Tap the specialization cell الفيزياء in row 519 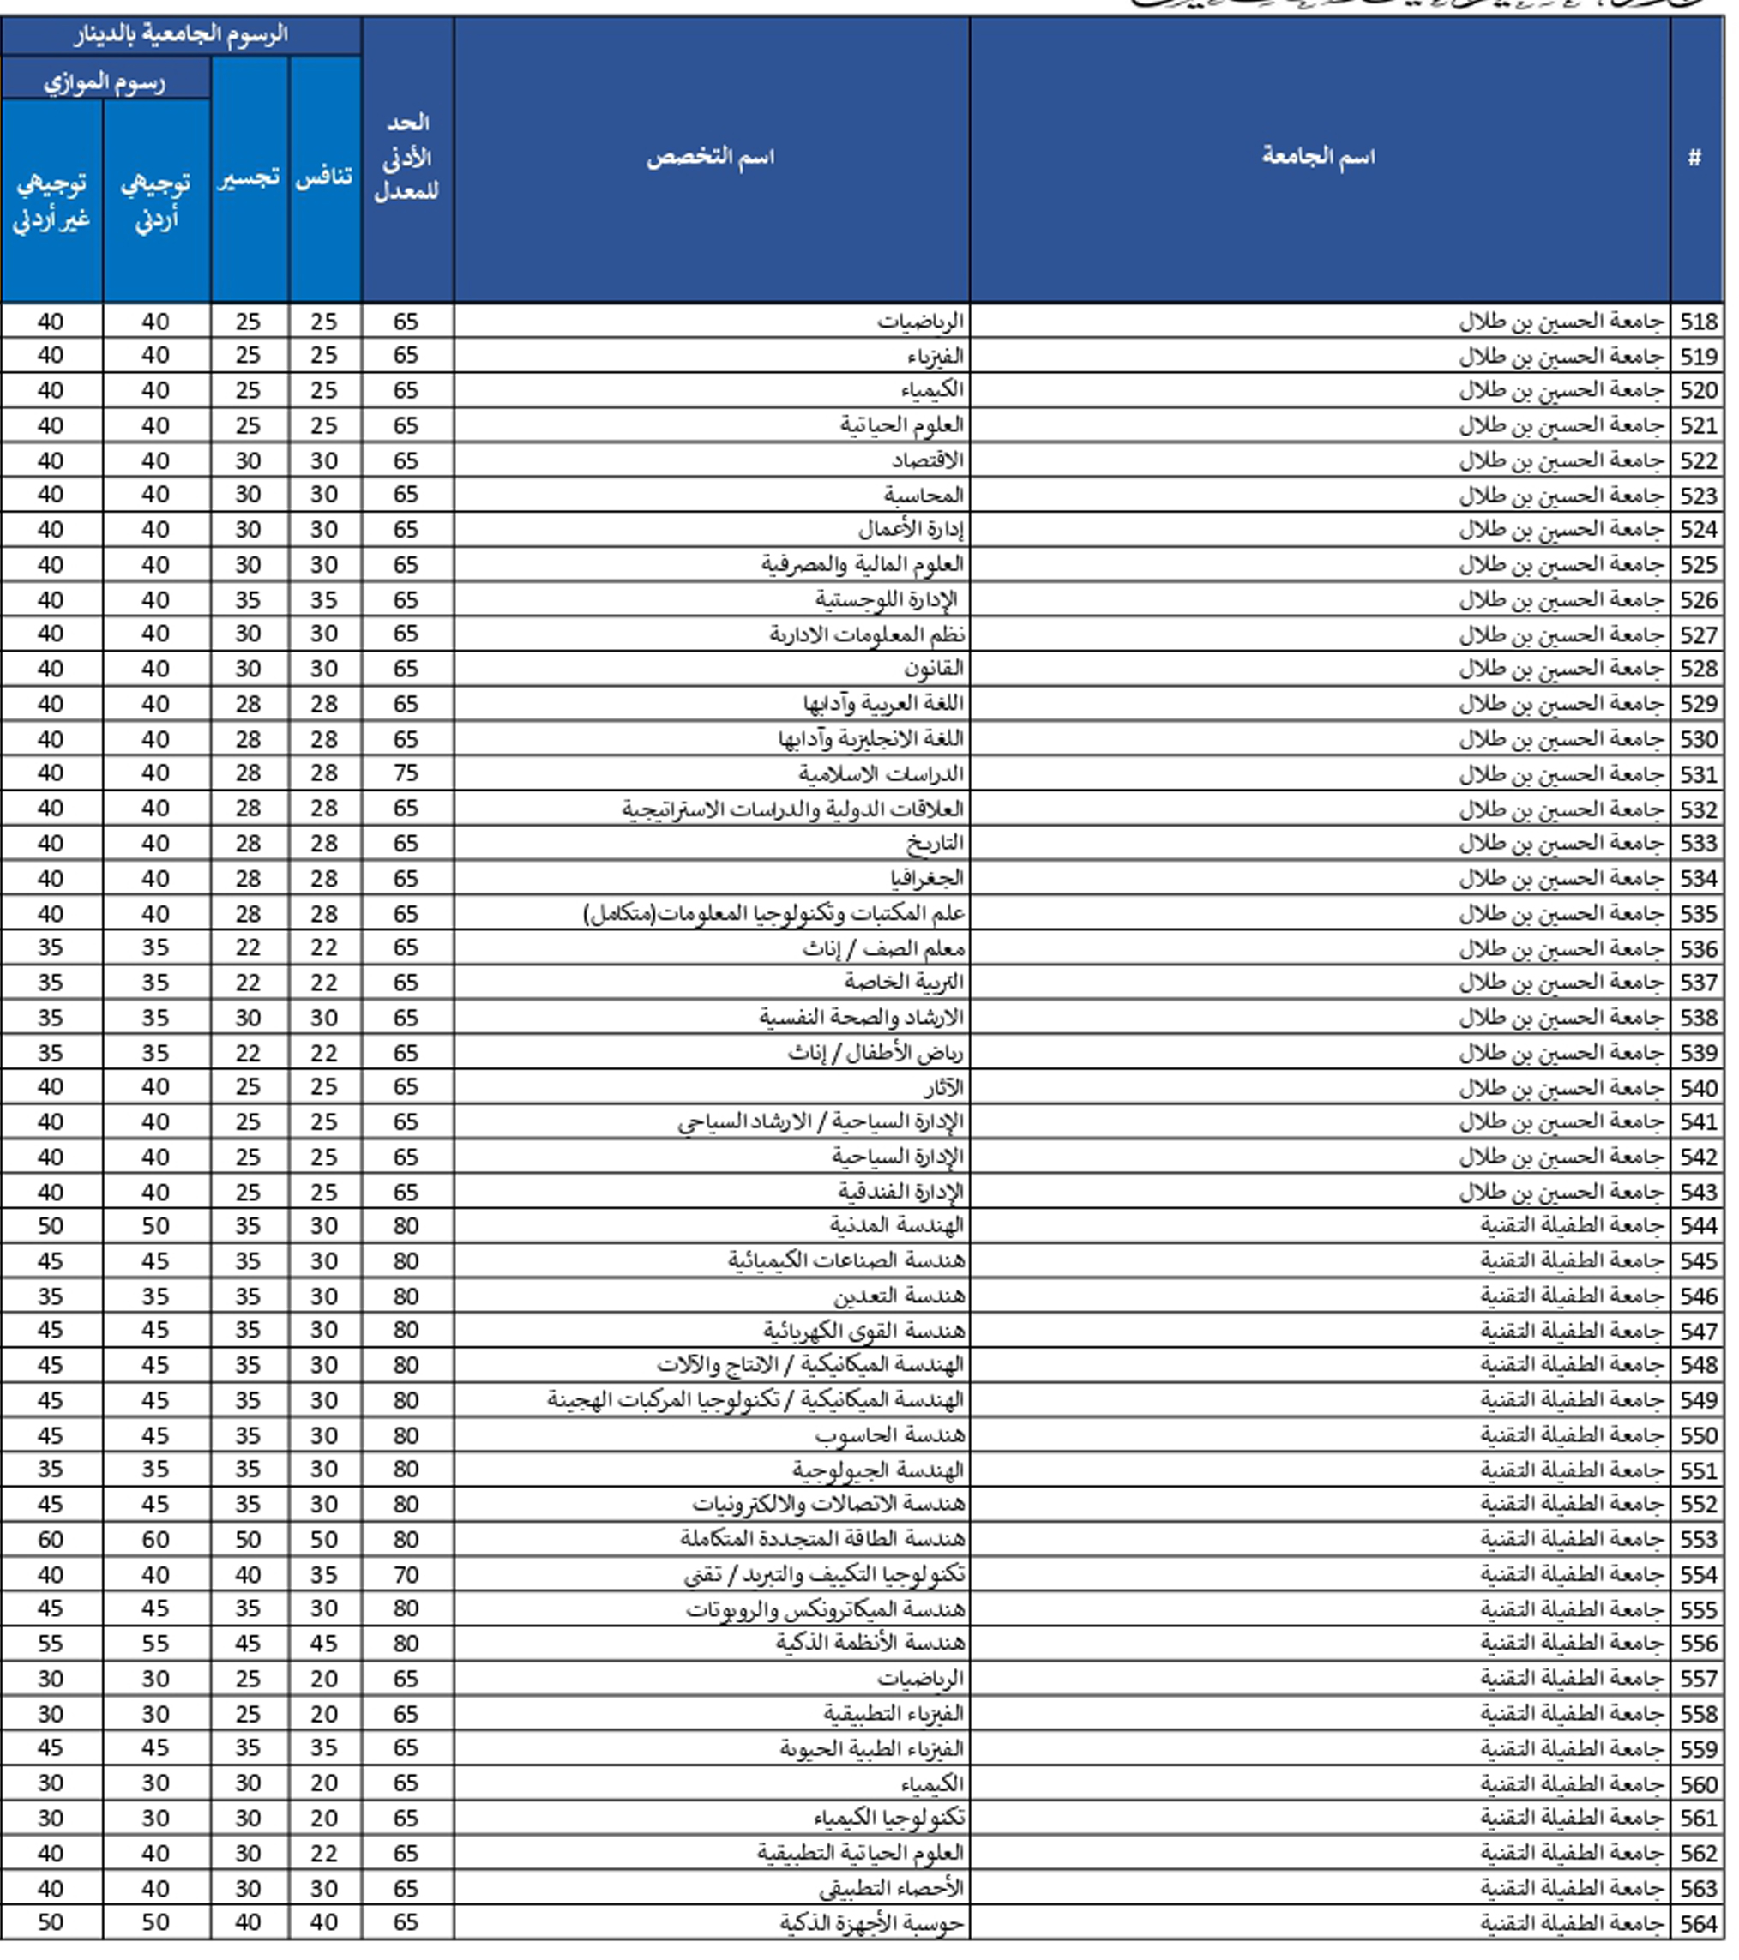[936, 357]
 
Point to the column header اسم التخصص [710, 156]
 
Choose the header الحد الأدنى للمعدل [406, 156]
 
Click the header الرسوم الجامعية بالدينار [180, 35]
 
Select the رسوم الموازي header [105, 82]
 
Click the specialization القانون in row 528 [933, 670]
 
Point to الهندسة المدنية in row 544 [897, 1226]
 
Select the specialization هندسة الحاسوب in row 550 [890, 1435]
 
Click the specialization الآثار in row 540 [943, 1088]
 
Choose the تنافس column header [324, 178]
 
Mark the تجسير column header [249, 178]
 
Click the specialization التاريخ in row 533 [935, 844]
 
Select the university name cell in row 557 [1570, 1679]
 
